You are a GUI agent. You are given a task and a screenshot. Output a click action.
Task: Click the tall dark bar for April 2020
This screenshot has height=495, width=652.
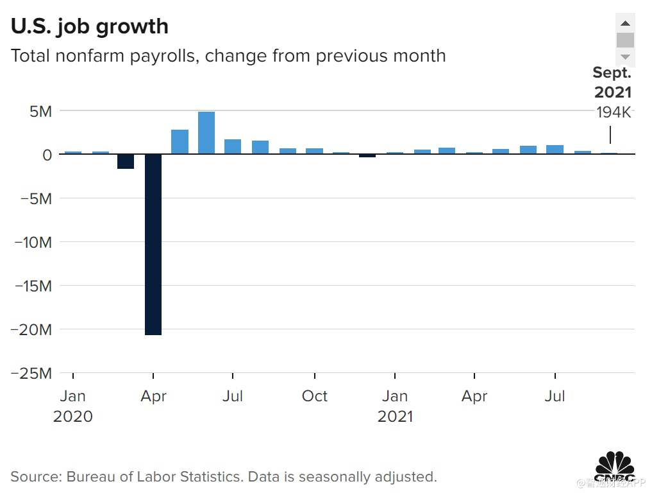[153, 244]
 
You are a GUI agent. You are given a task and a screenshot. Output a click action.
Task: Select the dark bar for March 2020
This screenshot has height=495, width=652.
[126, 161]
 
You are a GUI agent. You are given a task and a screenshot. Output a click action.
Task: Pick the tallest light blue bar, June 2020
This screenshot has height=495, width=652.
[206, 133]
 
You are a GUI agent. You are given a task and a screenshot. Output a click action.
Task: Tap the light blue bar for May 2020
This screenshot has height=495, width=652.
[180, 142]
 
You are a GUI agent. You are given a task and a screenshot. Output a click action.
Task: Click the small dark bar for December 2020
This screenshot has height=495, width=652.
[367, 155]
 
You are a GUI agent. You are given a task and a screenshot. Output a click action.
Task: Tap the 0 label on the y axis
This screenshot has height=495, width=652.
[47, 155]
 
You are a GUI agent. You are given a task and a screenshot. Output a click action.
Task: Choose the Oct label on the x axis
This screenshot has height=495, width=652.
[314, 396]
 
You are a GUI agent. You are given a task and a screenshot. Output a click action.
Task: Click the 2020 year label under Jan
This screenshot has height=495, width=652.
[72, 416]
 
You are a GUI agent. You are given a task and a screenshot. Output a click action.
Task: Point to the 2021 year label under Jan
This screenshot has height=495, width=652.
[395, 416]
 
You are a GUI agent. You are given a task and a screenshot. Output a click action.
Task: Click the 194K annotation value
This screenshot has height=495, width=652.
[614, 112]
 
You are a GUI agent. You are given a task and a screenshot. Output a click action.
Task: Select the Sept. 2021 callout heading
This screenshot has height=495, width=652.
[612, 82]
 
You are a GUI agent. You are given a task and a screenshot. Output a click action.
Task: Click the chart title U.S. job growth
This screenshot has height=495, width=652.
[89, 26]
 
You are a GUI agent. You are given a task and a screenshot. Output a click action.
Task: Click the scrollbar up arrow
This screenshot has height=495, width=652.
[625, 22]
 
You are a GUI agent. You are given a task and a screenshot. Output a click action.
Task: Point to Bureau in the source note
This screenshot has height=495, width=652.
[94, 476]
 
